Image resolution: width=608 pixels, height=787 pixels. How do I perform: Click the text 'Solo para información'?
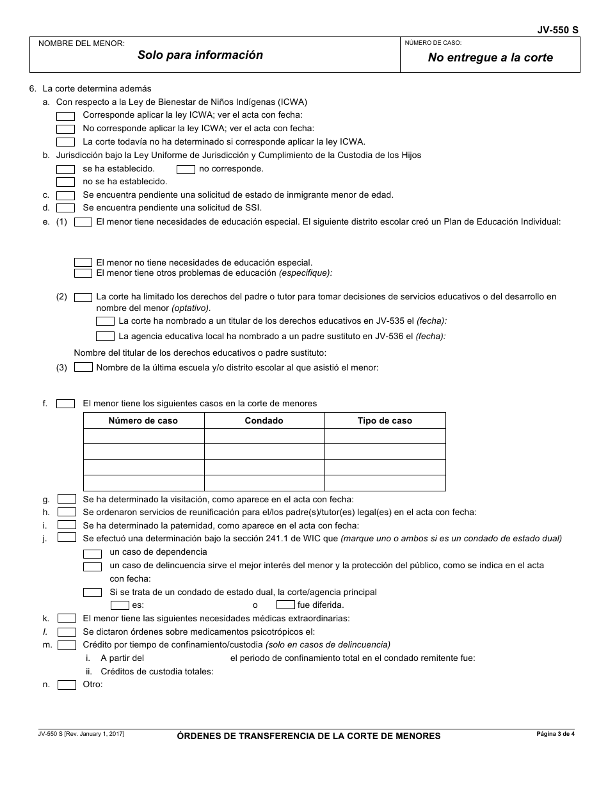coord(200,55)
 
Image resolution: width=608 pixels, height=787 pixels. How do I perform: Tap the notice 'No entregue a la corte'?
coord(490,58)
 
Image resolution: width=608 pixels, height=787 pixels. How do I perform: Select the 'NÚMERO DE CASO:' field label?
coord(433,44)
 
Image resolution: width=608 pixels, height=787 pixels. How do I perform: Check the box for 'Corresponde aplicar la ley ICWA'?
coord(65,116)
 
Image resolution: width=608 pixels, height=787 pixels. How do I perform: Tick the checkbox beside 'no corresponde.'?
coord(186,169)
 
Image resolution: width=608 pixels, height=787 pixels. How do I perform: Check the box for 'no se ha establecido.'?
coord(65,182)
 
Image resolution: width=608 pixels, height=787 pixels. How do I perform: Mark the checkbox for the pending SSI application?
coord(65,208)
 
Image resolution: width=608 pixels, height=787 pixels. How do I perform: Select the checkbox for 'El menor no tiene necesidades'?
coord(83,262)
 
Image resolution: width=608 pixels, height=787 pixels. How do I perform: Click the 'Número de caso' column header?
coord(143,420)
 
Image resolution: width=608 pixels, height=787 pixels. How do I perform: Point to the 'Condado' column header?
coord(264,420)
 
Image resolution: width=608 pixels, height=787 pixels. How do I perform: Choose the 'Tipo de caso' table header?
coord(385,420)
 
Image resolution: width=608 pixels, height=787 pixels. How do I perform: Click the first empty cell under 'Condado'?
coord(264,436)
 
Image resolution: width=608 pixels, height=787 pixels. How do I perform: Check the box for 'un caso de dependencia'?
coord(93,553)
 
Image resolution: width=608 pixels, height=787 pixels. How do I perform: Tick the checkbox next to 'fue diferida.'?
coord(285,605)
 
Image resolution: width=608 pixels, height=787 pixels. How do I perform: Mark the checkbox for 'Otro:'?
coord(67,685)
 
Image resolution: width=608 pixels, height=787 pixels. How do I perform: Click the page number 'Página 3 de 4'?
coord(556,734)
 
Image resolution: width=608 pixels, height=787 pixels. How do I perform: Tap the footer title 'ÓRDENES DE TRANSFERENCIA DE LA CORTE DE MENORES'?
coord(309,736)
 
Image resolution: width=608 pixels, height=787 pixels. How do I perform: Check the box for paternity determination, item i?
coord(67,525)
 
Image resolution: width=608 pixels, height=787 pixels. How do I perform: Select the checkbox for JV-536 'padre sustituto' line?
coord(105,336)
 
